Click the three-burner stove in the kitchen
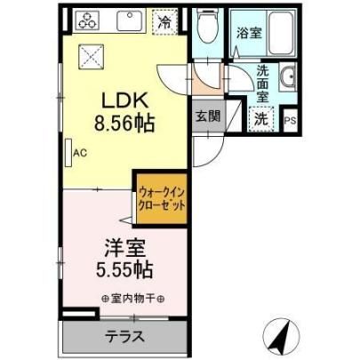tap(88, 20)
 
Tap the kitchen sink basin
tap(129, 20)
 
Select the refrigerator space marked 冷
tap(164, 21)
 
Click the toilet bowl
tap(207, 28)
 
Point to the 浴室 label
tap(249, 33)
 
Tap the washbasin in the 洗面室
tap(288, 77)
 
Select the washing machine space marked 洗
tap(261, 118)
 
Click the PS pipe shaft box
tap(290, 121)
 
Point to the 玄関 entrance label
tap(208, 116)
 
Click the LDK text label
tap(124, 100)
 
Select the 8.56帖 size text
tap(124, 123)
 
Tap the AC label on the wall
tap(80, 153)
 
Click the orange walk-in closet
tap(162, 198)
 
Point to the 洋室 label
tap(124, 248)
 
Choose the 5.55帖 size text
tap(124, 269)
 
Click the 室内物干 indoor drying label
tap(133, 299)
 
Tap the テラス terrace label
tap(125, 337)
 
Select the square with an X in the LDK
tap(91, 57)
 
